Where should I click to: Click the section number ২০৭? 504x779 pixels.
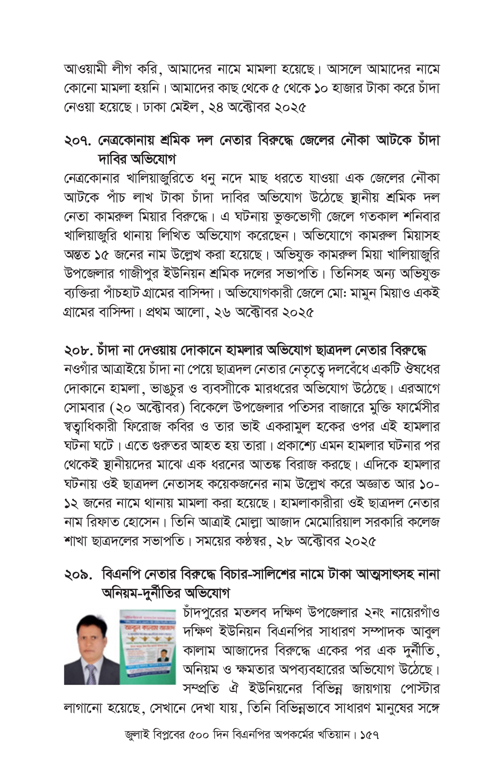pyautogui.click(x=78, y=141)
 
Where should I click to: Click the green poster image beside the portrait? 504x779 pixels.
pyautogui.click(x=147, y=647)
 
